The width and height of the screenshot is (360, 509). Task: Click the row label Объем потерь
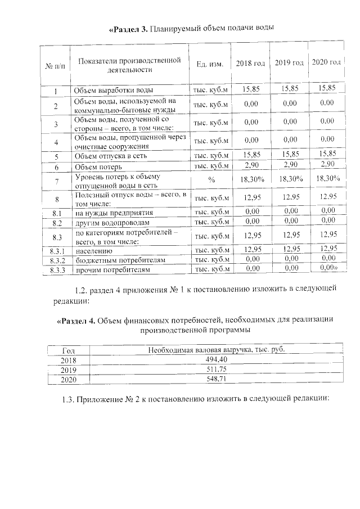pos(98,166)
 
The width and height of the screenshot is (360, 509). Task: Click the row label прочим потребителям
pos(112,271)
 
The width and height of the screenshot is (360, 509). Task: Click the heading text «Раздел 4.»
pos(76,320)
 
